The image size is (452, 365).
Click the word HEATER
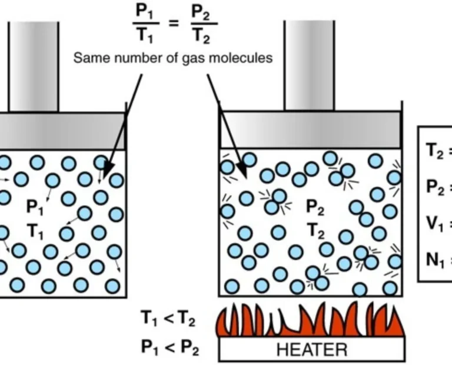pos(311,349)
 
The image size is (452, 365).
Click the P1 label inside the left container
pos(35,207)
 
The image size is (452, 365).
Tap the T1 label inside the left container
pos(35,233)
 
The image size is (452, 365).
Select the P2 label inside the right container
pos(315,207)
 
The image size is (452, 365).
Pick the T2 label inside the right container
pos(315,232)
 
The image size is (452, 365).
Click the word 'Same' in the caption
pos(89,58)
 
